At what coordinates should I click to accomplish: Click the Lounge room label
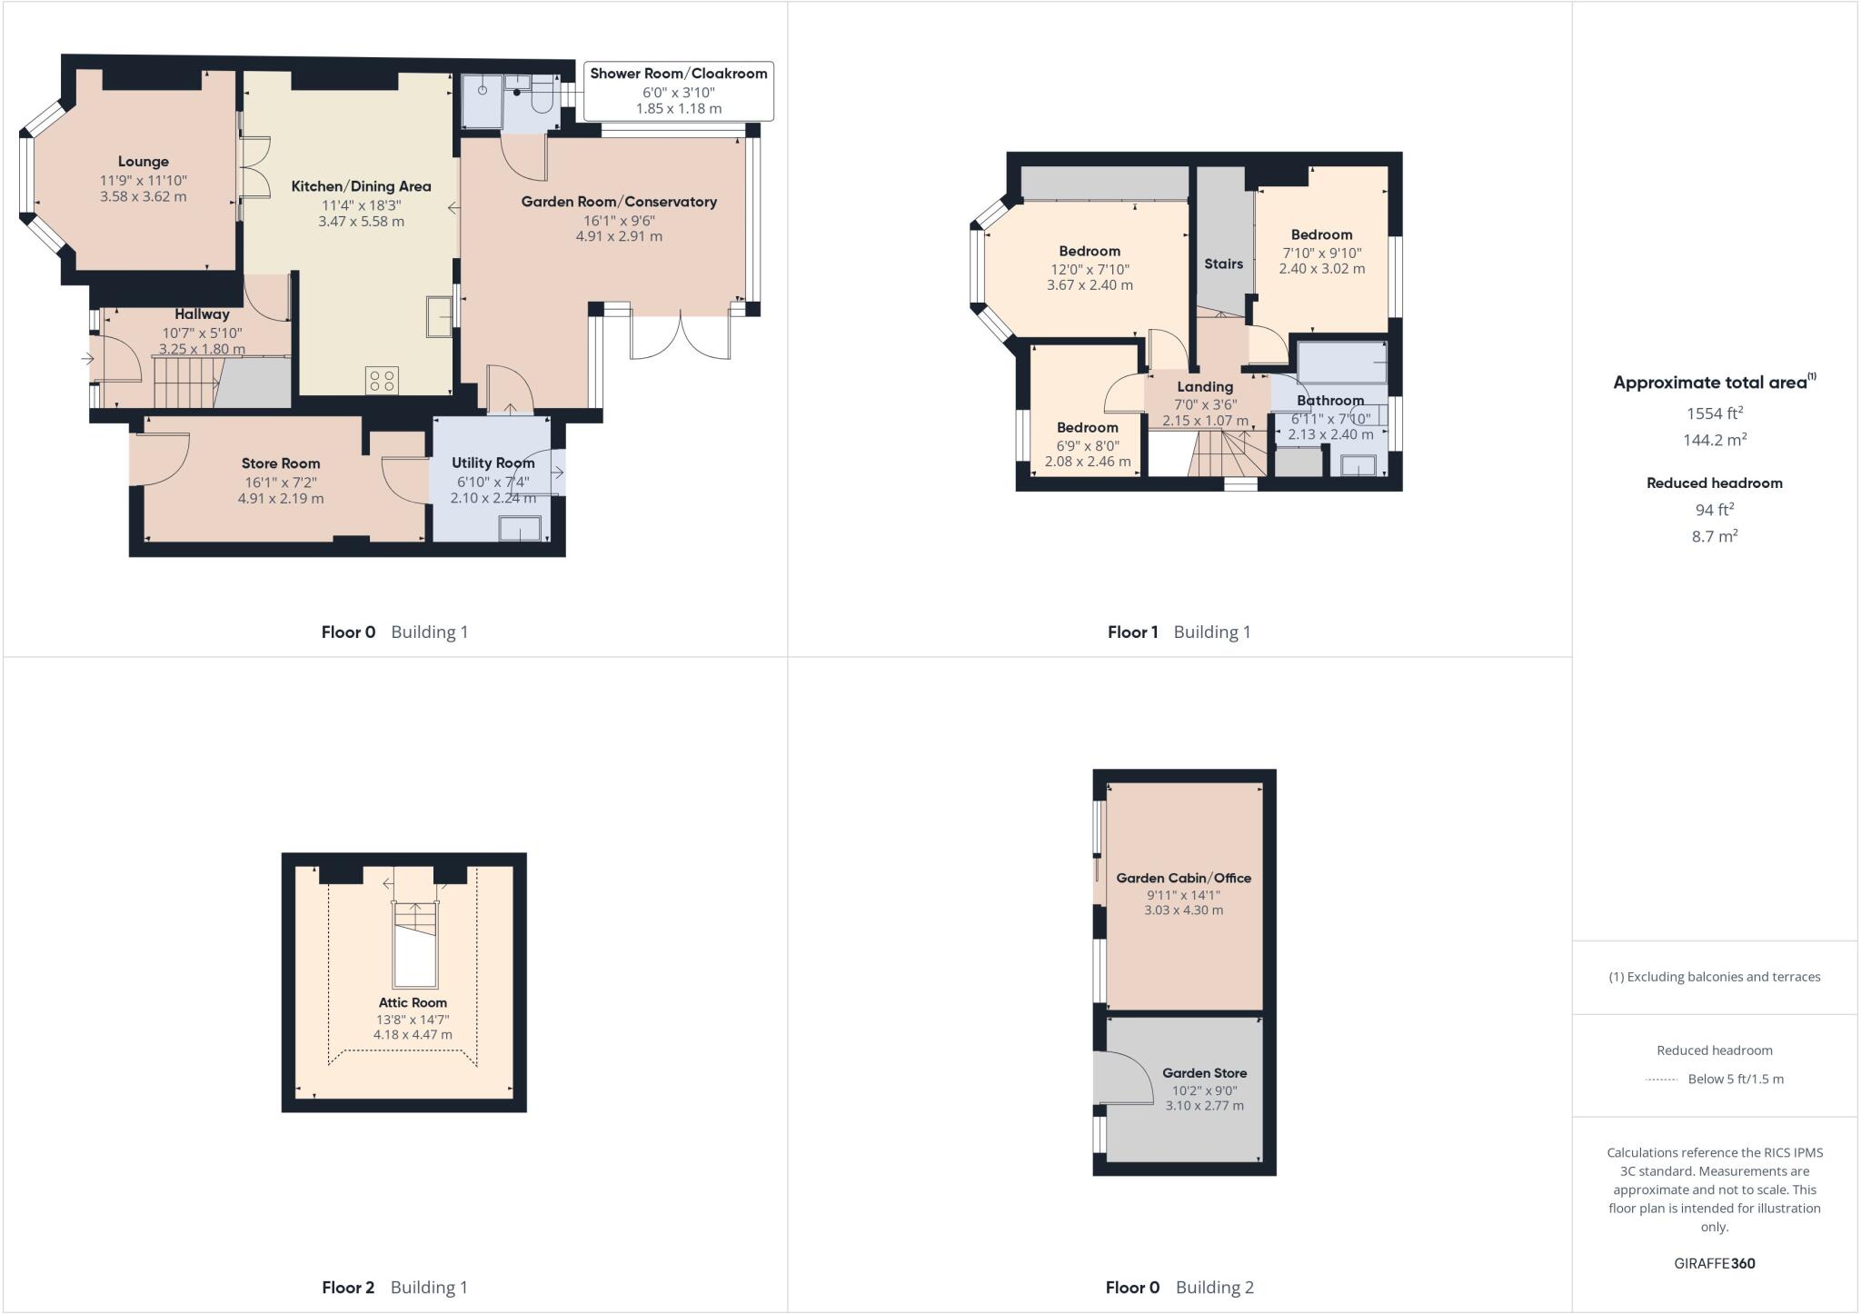coord(143,162)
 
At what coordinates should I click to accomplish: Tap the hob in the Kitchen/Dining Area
coord(383,380)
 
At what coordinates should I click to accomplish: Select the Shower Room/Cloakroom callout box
coord(678,91)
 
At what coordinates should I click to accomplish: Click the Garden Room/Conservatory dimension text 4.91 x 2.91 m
coord(618,236)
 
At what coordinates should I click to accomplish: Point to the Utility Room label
coord(493,463)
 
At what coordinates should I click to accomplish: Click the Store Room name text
coord(280,463)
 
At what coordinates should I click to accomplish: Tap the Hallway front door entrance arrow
coord(87,359)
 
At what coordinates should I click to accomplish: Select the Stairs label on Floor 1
coord(1223,264)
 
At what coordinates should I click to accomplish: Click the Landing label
coord(1205,386)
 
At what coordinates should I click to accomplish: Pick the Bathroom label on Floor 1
coord(1329,400)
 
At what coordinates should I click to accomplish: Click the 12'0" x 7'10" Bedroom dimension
coord(1090,269)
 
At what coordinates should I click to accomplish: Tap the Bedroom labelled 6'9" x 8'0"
coord(1087,427)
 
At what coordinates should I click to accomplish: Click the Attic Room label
coord(413,1002)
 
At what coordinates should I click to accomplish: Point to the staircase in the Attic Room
coord(414,945)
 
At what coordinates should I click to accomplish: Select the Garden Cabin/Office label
coord(1183,878)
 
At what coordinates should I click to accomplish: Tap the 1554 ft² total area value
coord(1714,413)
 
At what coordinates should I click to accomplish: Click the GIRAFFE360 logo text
coord(1714,1263)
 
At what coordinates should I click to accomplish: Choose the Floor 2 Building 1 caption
coord(394,1287)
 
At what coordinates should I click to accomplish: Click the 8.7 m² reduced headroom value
coord(1714,536)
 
